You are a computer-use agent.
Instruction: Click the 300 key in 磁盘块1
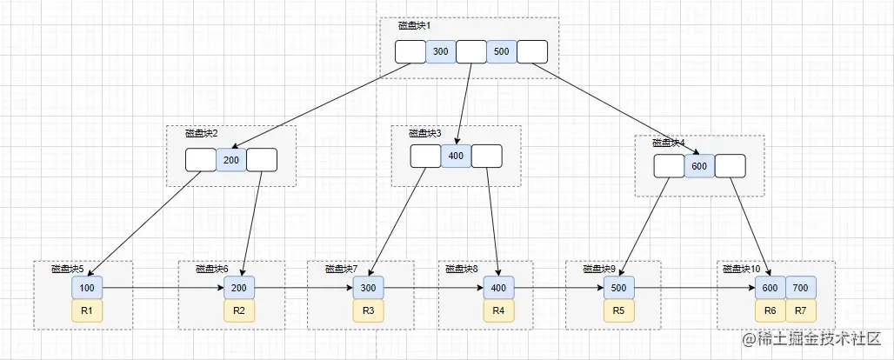pos(440,52)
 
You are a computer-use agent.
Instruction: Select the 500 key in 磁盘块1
pos(501,52)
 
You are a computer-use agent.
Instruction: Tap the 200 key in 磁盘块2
pos(230,160)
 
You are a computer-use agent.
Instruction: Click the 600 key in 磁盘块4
pos(699,166)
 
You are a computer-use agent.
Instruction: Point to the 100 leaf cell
pos(87,287)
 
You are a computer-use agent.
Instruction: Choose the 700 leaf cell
pos(801,287)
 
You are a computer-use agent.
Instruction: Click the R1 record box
pos(87,310)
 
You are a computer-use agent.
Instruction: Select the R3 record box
pos(368,310)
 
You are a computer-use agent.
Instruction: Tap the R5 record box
pos(618,310)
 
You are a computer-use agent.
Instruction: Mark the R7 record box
pos(801,310)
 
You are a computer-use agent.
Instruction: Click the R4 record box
pos(498,310)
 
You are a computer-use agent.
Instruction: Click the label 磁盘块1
pos(414,26)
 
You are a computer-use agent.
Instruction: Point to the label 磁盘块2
pos(201,134)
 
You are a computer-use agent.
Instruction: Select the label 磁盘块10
pos(742,270)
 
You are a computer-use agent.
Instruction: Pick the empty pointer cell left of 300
pos(410,52)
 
